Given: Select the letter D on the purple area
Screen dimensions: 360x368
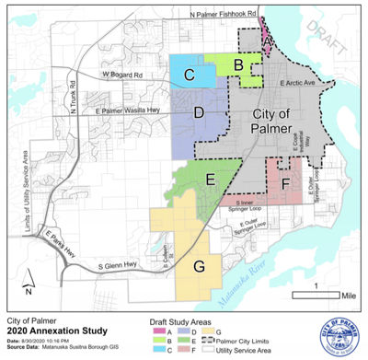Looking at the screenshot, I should (x=198, y=113).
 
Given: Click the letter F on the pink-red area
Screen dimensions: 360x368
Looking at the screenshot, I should (x=286, y=183).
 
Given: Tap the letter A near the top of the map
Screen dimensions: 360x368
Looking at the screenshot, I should (x=267, y=41).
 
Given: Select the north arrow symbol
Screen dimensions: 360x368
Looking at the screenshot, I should (x=29, y=279).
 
